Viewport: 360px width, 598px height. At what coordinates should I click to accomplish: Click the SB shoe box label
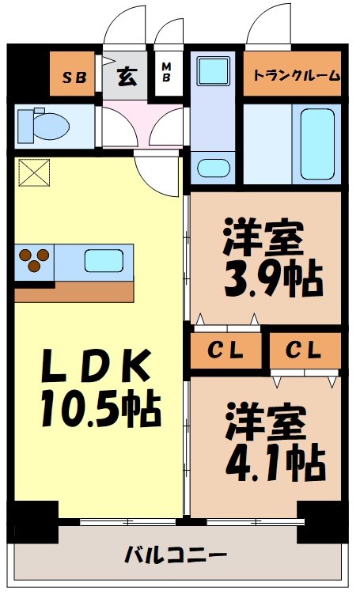(x=74, y=77)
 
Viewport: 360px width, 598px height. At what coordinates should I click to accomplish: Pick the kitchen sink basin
(x=103, y=259)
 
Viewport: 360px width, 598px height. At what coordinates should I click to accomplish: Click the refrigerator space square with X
(x=34, y=172)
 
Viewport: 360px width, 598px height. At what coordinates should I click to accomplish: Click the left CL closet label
(x=225, y=349)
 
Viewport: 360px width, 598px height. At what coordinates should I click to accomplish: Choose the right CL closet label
(x=304, y=348)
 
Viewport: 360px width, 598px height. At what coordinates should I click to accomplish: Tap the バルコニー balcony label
(x=176, y=553)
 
